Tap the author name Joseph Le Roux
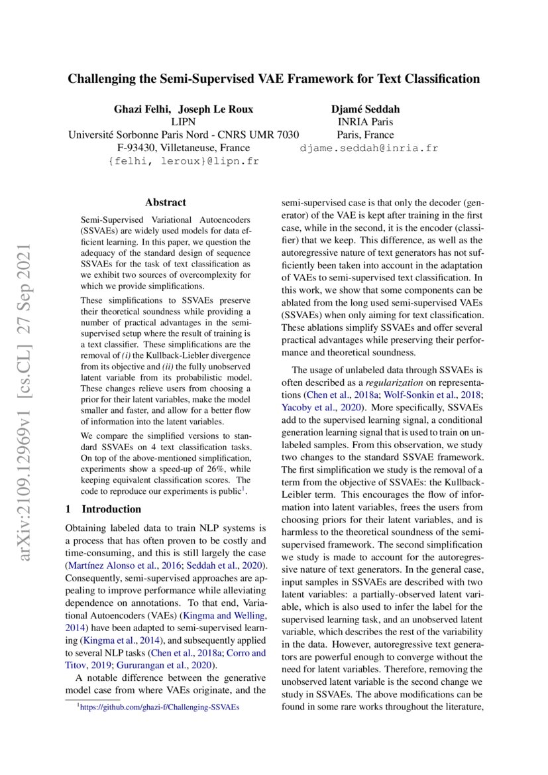tap(216, 109)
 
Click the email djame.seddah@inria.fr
tap(369, 149)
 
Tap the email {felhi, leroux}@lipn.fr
tap(184, 161)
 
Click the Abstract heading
tap(165, 203)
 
